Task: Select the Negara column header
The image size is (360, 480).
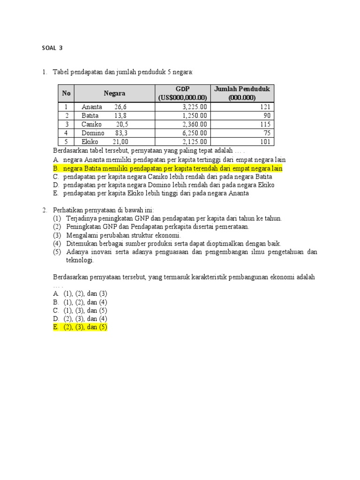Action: tap(114, 93)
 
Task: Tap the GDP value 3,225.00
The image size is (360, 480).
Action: tap(195, 107)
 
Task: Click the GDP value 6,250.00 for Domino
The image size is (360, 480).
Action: tap(195, 133)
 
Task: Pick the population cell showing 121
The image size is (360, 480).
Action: tap(265, 107)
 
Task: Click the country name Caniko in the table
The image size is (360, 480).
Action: tap(91, 124)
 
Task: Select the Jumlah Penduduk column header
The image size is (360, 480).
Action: tap(242, 93)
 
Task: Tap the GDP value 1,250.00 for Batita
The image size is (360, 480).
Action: tap(195, 116)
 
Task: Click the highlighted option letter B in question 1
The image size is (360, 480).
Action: tap(55, 168)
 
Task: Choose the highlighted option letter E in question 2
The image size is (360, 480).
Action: tap(55, 327)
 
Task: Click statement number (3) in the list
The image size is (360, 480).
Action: tap(57, 235)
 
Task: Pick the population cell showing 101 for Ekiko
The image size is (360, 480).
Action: tap(265, 142)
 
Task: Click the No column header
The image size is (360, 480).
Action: tap(66, 93)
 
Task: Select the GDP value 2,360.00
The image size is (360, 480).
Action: tap(195, 124)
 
